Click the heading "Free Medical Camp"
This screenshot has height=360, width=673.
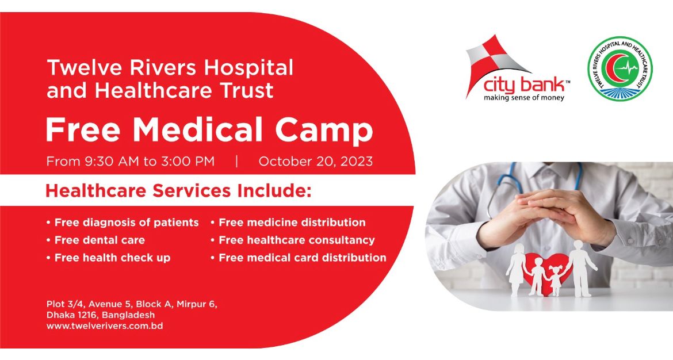pos(209,129)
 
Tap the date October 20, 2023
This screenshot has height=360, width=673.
pos(315,162)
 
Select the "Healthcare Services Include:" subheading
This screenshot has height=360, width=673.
pos(178,190)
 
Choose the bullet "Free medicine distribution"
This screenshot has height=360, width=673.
pos(288,222)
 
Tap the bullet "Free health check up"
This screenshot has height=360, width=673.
pos(108,258)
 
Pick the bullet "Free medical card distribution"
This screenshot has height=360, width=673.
pos(299,258)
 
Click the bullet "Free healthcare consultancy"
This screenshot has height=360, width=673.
pos(293,240)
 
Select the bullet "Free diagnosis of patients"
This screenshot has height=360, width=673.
pos(123,222)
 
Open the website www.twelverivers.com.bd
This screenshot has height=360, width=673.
pos(105,325)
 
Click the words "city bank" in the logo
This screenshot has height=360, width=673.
pos(524,85)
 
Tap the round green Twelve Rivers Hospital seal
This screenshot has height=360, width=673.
pos(620,68)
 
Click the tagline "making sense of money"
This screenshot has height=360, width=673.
pos(523,98)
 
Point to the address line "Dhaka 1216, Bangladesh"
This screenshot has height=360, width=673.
pos(101,315)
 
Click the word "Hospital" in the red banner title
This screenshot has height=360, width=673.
pos(248,68)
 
